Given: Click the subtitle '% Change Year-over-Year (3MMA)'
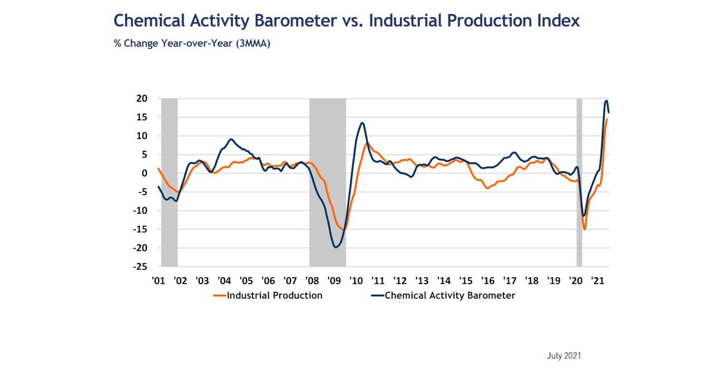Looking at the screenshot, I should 192,43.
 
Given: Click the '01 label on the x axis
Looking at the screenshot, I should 158,280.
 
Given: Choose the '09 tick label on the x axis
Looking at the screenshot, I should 334,280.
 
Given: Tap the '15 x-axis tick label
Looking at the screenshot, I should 466,280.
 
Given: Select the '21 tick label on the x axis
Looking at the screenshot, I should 598,280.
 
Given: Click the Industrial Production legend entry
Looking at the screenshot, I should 268,295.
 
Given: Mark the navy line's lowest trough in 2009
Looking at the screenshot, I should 335,246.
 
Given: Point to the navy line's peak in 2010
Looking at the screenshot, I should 362,123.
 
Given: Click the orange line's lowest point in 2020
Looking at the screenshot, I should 585,229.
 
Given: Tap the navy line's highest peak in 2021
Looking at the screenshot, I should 606,101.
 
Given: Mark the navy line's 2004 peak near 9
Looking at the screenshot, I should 231,139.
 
